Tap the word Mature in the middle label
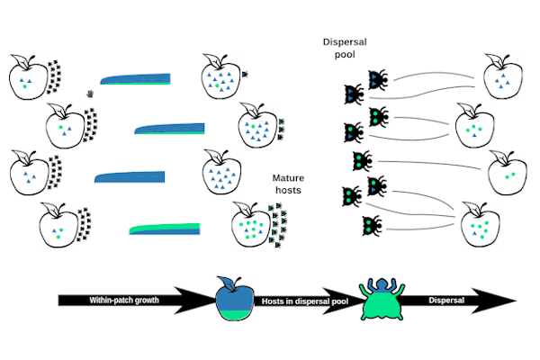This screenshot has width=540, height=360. tap(289, 178)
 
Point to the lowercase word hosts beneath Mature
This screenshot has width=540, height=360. tap(289, 191)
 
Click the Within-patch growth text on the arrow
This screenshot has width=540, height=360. tap(124, 299)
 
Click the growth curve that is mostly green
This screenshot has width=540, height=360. tap(163, 229)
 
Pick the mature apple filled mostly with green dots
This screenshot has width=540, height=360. tap(253, 223)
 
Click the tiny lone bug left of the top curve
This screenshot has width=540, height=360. tap(91, 93)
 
